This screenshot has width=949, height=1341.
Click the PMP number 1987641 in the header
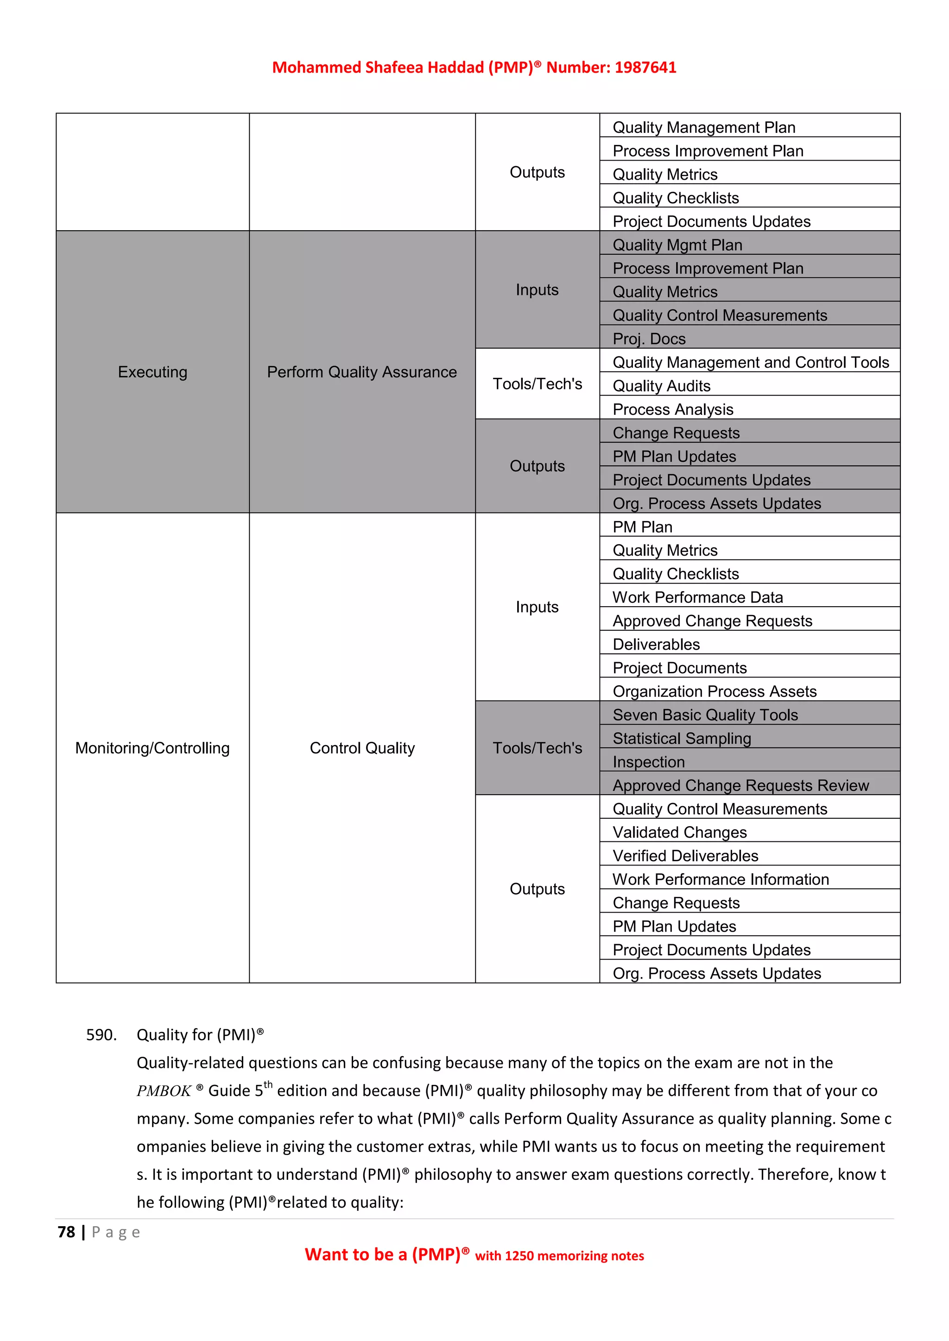[x=645, y=68]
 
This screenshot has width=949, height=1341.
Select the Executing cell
[x=152, y=372]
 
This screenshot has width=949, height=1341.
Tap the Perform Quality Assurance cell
[x=362, y=372]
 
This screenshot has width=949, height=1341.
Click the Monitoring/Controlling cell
[x=152, y=748]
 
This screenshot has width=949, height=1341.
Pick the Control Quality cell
[x=362, y=748]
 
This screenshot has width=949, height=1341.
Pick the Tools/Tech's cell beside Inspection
[x=537, y=748]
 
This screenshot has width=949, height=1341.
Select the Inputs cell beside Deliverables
[x=537, y=608]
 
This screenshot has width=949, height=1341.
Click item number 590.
[x=101, y=1035]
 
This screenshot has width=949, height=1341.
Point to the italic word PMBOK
[x=164, y=1091]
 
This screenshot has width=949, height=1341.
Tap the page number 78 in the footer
[x=66, y=1232]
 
